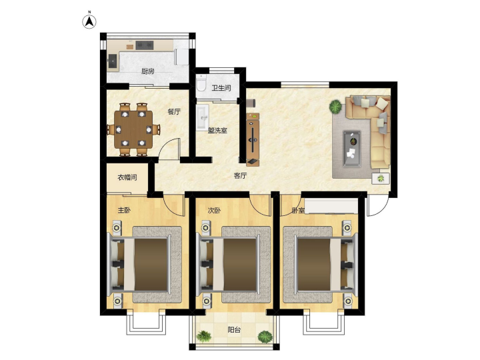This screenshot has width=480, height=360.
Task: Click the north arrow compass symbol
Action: coord(89,21)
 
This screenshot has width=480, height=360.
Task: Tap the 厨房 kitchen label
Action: coord(148,71)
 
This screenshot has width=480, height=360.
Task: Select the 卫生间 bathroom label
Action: coord(221,88)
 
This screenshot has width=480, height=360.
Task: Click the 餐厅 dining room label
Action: coord(174,112)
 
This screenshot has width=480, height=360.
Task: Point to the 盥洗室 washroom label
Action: coord(217,131)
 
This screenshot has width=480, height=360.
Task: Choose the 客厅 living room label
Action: coord(240,176)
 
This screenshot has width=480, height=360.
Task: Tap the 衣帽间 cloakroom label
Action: coord(127,177)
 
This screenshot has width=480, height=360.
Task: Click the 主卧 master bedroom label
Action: coord(124,210)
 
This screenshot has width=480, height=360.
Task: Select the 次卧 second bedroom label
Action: coord(214,211)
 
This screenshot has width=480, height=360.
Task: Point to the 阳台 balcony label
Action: coord(234,330)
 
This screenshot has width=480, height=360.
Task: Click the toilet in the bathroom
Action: coord(201,83)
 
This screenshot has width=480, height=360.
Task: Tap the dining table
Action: coord(133,129)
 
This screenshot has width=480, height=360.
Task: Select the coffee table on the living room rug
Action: coord(352,149)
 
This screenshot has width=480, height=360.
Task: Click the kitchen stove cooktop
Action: coord(145,45)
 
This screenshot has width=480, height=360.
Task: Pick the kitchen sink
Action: coord(113,61)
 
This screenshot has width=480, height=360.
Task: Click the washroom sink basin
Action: coord(203,117)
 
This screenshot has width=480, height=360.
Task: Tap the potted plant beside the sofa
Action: coord(335,107)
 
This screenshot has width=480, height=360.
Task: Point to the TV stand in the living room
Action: coord(253,139)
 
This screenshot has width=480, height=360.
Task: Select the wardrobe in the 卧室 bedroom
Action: coord(331,206)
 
